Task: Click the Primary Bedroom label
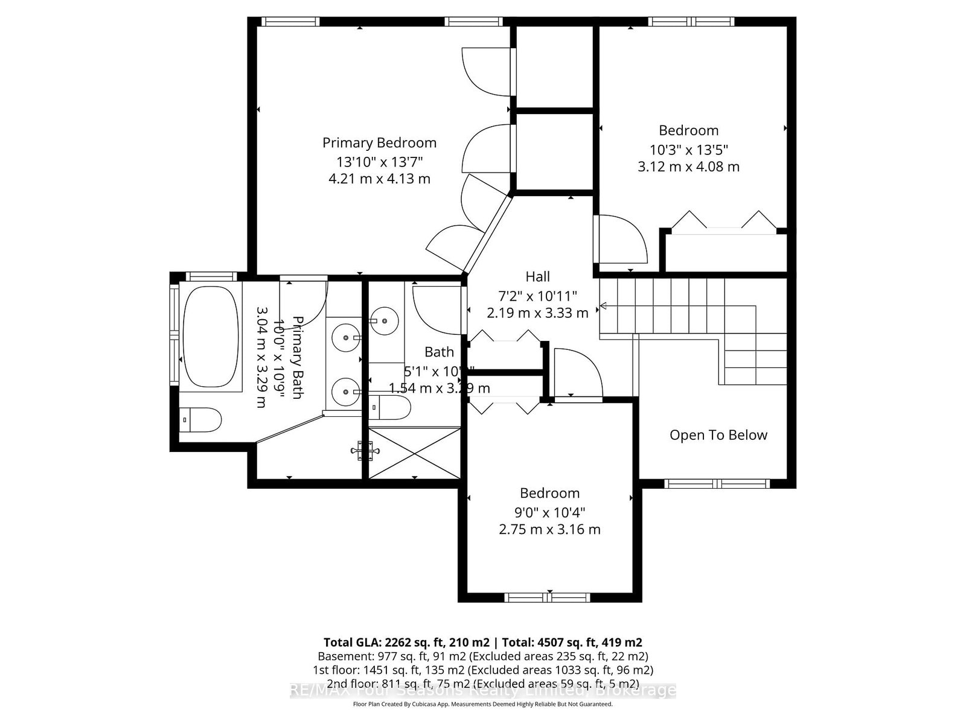click(379, 143)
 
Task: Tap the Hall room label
click(537, 277)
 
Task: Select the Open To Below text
click(718, 435)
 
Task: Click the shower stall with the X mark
click(415, 453)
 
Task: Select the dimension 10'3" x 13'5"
click(689, 149)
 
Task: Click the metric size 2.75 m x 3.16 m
click(549, 530)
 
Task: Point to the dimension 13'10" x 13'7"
click(379, 162)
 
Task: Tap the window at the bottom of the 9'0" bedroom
click(548, 597)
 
